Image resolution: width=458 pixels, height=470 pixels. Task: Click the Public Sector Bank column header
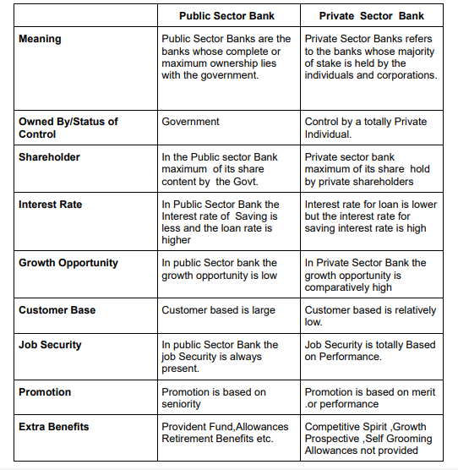coord(226,15)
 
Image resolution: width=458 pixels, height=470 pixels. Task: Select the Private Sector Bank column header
coord(371,15)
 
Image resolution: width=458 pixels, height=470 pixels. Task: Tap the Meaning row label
coord(40,39)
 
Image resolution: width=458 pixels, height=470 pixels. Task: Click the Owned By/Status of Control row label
coord(68,127)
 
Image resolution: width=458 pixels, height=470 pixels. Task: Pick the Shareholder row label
coord(49,157)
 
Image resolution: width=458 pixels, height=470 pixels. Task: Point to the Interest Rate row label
coord(52,205)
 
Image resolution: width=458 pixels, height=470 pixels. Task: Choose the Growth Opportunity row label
coord(68,263)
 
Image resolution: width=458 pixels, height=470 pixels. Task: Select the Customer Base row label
coord(57,310)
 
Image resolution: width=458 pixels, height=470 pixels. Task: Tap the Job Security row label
coord(51,345)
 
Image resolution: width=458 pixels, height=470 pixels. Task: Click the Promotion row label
coord(45,392)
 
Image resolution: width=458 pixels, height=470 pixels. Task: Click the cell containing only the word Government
coord(190,122)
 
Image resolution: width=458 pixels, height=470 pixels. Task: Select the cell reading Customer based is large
coord(218,310)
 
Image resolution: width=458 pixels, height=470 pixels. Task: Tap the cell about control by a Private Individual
coord(365,128)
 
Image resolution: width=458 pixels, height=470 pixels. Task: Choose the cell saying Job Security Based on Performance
coord(369,351)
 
